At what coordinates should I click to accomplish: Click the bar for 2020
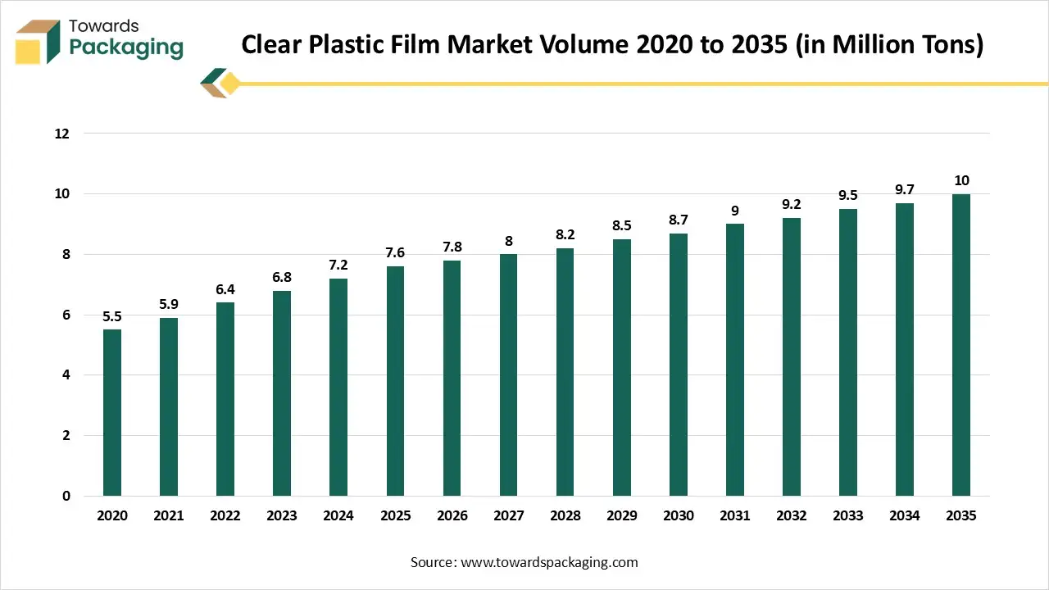click(x=111, y=412)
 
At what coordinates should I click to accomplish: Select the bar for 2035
click(x=960, y=345)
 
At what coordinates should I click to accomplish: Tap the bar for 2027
click(x=508, y=374)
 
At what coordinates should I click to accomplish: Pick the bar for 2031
click(x=734, y=360)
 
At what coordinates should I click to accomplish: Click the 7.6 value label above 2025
click(x=395, y=253)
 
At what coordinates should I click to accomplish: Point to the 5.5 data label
click(x=111, y=316)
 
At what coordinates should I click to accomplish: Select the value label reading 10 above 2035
click(x=960, y=180)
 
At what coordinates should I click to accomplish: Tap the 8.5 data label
click(x=621, y=225)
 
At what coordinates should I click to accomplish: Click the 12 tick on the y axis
click(x=62, y=134)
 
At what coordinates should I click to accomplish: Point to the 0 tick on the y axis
click(x=66, y=496)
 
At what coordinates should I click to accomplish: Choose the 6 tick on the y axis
click(x=66, y=315)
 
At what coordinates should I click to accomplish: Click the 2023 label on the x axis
click(x=281, y=515)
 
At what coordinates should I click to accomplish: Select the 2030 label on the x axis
click(x=678, y=515)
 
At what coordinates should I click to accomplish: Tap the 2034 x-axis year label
click(x=904, y=515)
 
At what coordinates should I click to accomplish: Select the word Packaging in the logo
click(x=125, y=48)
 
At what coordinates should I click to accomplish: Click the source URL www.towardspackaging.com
click(x=548, y=562)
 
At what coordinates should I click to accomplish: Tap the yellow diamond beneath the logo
click(x=229, y=83)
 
